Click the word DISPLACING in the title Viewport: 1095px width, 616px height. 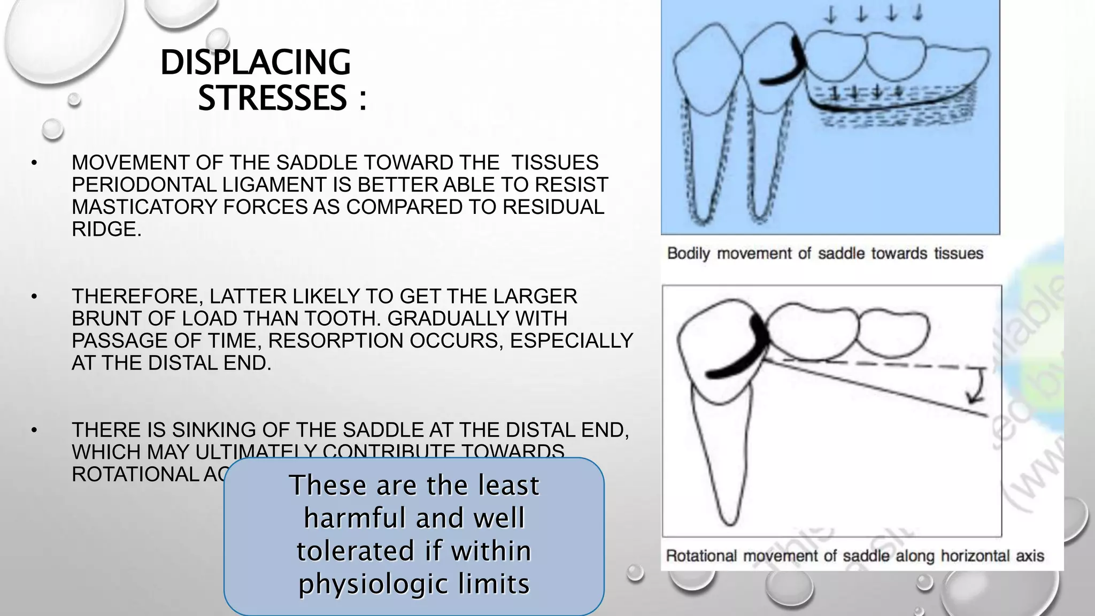[x=255, y=63]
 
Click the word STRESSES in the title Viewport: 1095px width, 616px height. [x=272, y=98]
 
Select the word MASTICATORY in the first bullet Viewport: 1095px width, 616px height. [x=144, y=207]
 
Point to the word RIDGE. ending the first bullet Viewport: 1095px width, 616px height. [x=106, y=229]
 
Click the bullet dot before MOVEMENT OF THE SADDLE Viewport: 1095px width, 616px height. [x=34, y=163]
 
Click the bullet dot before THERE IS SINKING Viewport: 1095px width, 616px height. [x=34, y=430]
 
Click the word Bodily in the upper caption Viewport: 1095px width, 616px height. [x=689, y=253]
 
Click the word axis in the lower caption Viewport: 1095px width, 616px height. [x=1029, y=556]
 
